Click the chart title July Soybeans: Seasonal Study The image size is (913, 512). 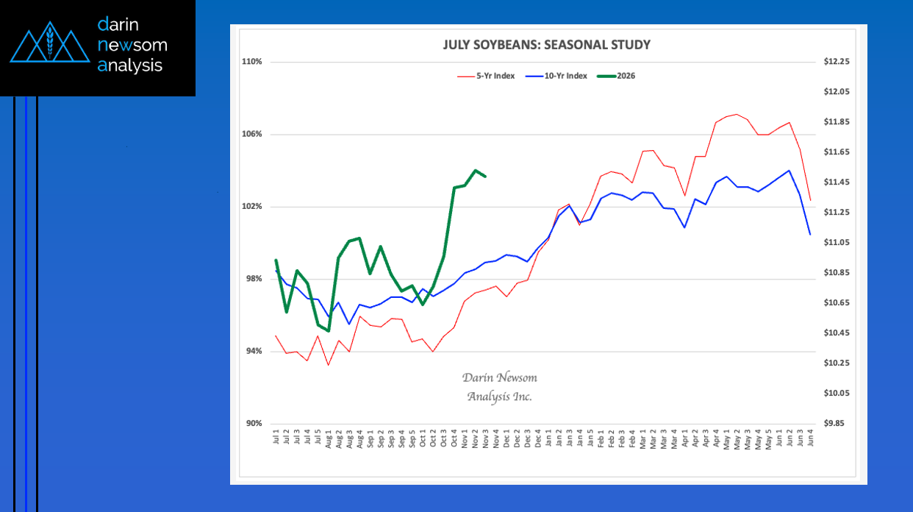pos(546,45)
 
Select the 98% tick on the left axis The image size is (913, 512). pos(254,279)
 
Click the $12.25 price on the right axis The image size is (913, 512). pos(837,62)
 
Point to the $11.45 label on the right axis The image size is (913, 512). pos(837,182)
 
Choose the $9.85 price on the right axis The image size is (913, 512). pos(838,424)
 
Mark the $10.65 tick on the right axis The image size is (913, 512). pos(837,303)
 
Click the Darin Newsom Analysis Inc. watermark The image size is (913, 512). pos(500,387)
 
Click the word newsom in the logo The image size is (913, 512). pos(132,45)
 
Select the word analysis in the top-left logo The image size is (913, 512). pos(130,65)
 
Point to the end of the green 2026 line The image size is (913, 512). pos(486,177)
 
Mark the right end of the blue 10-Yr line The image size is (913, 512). pos(810,235)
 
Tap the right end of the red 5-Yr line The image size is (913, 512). pos(810,201)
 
